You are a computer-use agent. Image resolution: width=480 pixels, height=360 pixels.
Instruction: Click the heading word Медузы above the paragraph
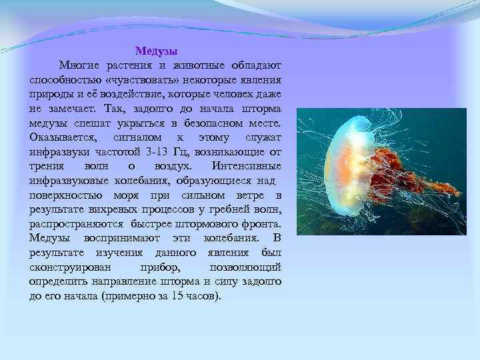pos(156,51)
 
